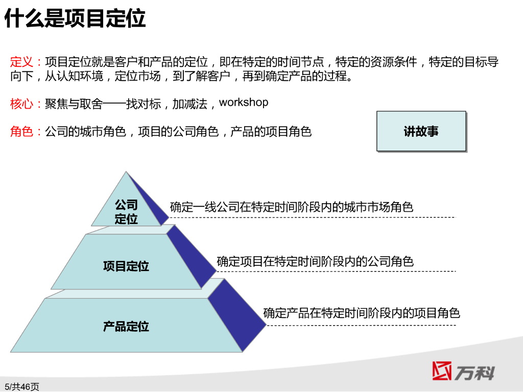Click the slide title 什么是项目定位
click(x=75, y=18)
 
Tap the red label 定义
click(x=21, y=62)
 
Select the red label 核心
click(x=21, y=104)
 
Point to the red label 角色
click(x=21, y=131)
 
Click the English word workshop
click(x=244, y=102)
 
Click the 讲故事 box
click(x=421, y=131)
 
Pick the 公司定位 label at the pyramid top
click(x=127, y=212)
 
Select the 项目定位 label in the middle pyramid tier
click(x=126, y=266)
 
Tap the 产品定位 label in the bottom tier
click(x=126, y=326)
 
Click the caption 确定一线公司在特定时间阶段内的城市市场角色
click(x=292, y=207)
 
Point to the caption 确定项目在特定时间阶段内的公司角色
click(x=315, y=261)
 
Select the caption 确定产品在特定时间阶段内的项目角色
click(x=362, y=313)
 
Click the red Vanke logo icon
click(x=442, y=371)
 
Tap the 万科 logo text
click(x=474, y=373)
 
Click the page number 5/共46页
click(x=21, y=387)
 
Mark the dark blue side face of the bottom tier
click(x=237, y=315)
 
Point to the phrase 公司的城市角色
click(x=85, y=131)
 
